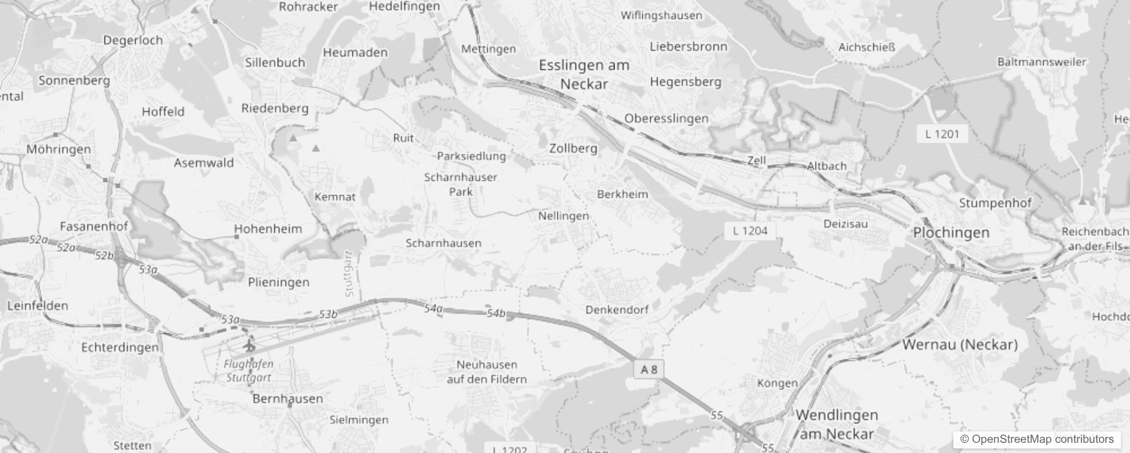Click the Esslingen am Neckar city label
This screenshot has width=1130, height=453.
pos(584,75)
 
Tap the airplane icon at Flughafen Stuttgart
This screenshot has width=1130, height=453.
pos(249,345)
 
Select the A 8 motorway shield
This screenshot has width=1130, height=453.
pos(649,370)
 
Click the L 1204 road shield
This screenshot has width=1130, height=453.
pos(750,230)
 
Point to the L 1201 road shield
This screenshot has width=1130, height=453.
pos(942,134)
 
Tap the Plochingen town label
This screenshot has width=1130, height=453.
pos(951,233)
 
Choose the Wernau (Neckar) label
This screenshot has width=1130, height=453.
pos(960,344)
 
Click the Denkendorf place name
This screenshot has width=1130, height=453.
pos(617,310)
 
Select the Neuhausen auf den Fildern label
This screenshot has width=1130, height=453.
pos(487,372)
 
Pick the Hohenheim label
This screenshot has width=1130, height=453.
pos(268,229)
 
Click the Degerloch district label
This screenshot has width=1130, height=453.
pos(132,40)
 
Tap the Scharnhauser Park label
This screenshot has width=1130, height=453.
pos(460,184)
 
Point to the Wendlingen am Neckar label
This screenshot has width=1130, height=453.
pos(837,425)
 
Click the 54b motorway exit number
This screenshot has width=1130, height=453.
pos(496,313)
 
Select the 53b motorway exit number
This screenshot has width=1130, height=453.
pos(328,314)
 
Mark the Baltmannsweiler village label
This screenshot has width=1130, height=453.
pos(1042,62)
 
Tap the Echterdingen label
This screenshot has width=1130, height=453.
pos(120,347)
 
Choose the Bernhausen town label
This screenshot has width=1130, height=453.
pos(288,399)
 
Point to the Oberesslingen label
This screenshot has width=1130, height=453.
pos(666,118)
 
